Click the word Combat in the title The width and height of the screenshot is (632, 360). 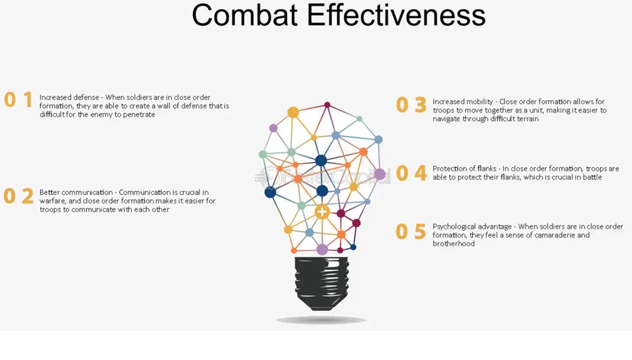(245, 15)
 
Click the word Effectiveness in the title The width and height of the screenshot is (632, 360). (396, 15)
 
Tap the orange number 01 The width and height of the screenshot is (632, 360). (18, 99)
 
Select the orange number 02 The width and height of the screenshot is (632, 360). (18, 196)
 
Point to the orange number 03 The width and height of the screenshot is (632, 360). (411, 105)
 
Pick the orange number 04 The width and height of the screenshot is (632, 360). (411, 173)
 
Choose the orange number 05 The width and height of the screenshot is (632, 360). (411, 232)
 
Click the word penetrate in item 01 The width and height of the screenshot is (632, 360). (138, 115)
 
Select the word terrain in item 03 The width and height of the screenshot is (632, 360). (526, 119)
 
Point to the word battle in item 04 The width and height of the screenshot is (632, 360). (591, 177)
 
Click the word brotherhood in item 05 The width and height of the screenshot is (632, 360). (453, 243)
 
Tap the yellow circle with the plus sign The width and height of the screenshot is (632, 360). (322, 211)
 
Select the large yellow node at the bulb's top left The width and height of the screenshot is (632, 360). (293, 113)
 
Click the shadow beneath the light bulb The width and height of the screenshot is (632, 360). (321, 321)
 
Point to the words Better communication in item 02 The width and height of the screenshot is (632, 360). (76, 192)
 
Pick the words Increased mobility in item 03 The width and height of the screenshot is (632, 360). (463, 102)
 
